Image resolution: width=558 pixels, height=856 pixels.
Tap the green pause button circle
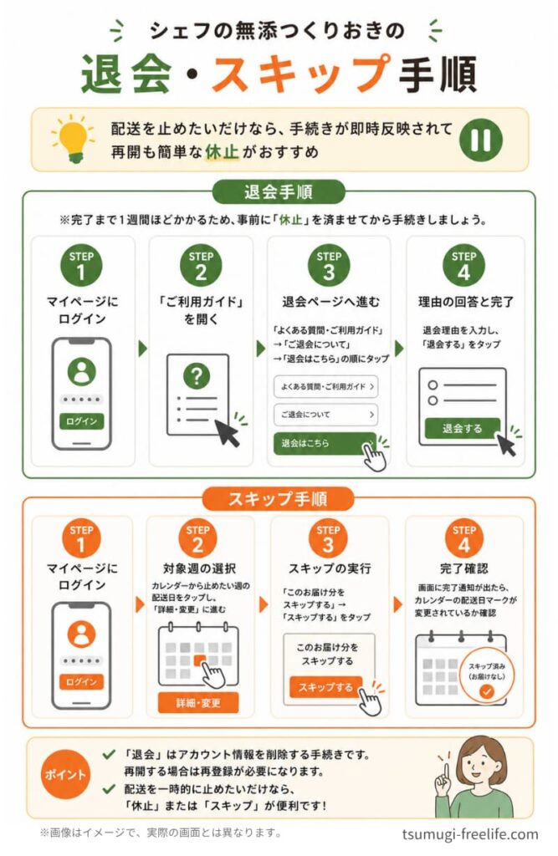481,139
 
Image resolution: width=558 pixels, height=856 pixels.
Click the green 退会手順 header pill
279,192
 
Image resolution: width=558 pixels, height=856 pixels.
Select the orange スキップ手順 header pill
279,498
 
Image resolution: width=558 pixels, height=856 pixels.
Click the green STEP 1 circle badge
81,264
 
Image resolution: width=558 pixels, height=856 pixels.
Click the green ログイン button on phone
81,421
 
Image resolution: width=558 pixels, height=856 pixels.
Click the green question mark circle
197,375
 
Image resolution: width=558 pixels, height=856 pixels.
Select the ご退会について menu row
325,415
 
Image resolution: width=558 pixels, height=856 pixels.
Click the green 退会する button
463,429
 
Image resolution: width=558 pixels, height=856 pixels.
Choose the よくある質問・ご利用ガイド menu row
325,386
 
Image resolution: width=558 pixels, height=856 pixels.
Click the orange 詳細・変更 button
197,702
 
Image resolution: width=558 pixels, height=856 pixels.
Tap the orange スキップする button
325,687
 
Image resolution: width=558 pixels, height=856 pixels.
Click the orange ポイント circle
65,774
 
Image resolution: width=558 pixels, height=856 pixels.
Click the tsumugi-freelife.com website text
470,834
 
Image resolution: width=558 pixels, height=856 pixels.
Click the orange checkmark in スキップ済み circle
486,691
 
